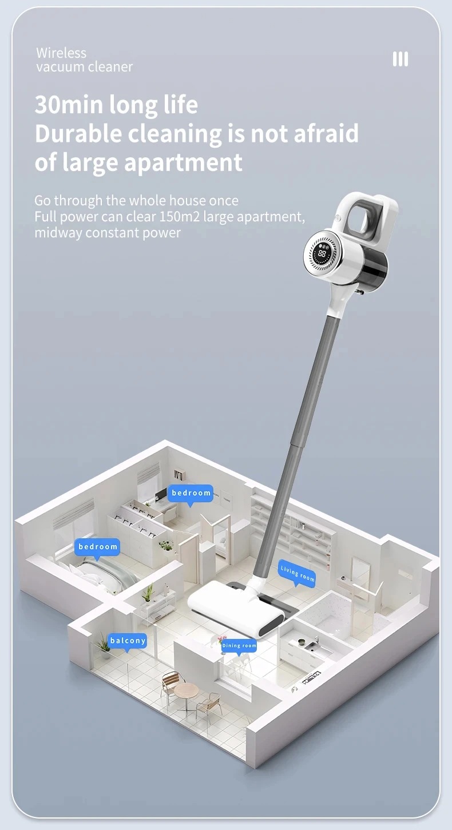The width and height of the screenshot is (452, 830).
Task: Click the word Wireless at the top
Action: (x=61, y=53)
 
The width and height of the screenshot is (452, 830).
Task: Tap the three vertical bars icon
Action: (x=400, y=59)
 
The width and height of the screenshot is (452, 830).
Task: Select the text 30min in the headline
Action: (x=69, y=105)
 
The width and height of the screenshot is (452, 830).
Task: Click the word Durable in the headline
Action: (x=78, y=133)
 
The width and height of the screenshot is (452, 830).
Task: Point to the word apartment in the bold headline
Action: (x=183, y=162)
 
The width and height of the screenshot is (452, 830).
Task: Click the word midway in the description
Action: (x=58, y=233)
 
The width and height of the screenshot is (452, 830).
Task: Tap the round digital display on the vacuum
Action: (x=322, y=254)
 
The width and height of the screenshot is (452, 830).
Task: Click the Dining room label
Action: (x=239, y=646)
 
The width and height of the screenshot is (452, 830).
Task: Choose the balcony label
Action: (x=128, y=641)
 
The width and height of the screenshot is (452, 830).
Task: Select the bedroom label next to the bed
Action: (x=97, y=547)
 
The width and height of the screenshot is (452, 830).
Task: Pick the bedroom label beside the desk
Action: (x=191, y=493)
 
